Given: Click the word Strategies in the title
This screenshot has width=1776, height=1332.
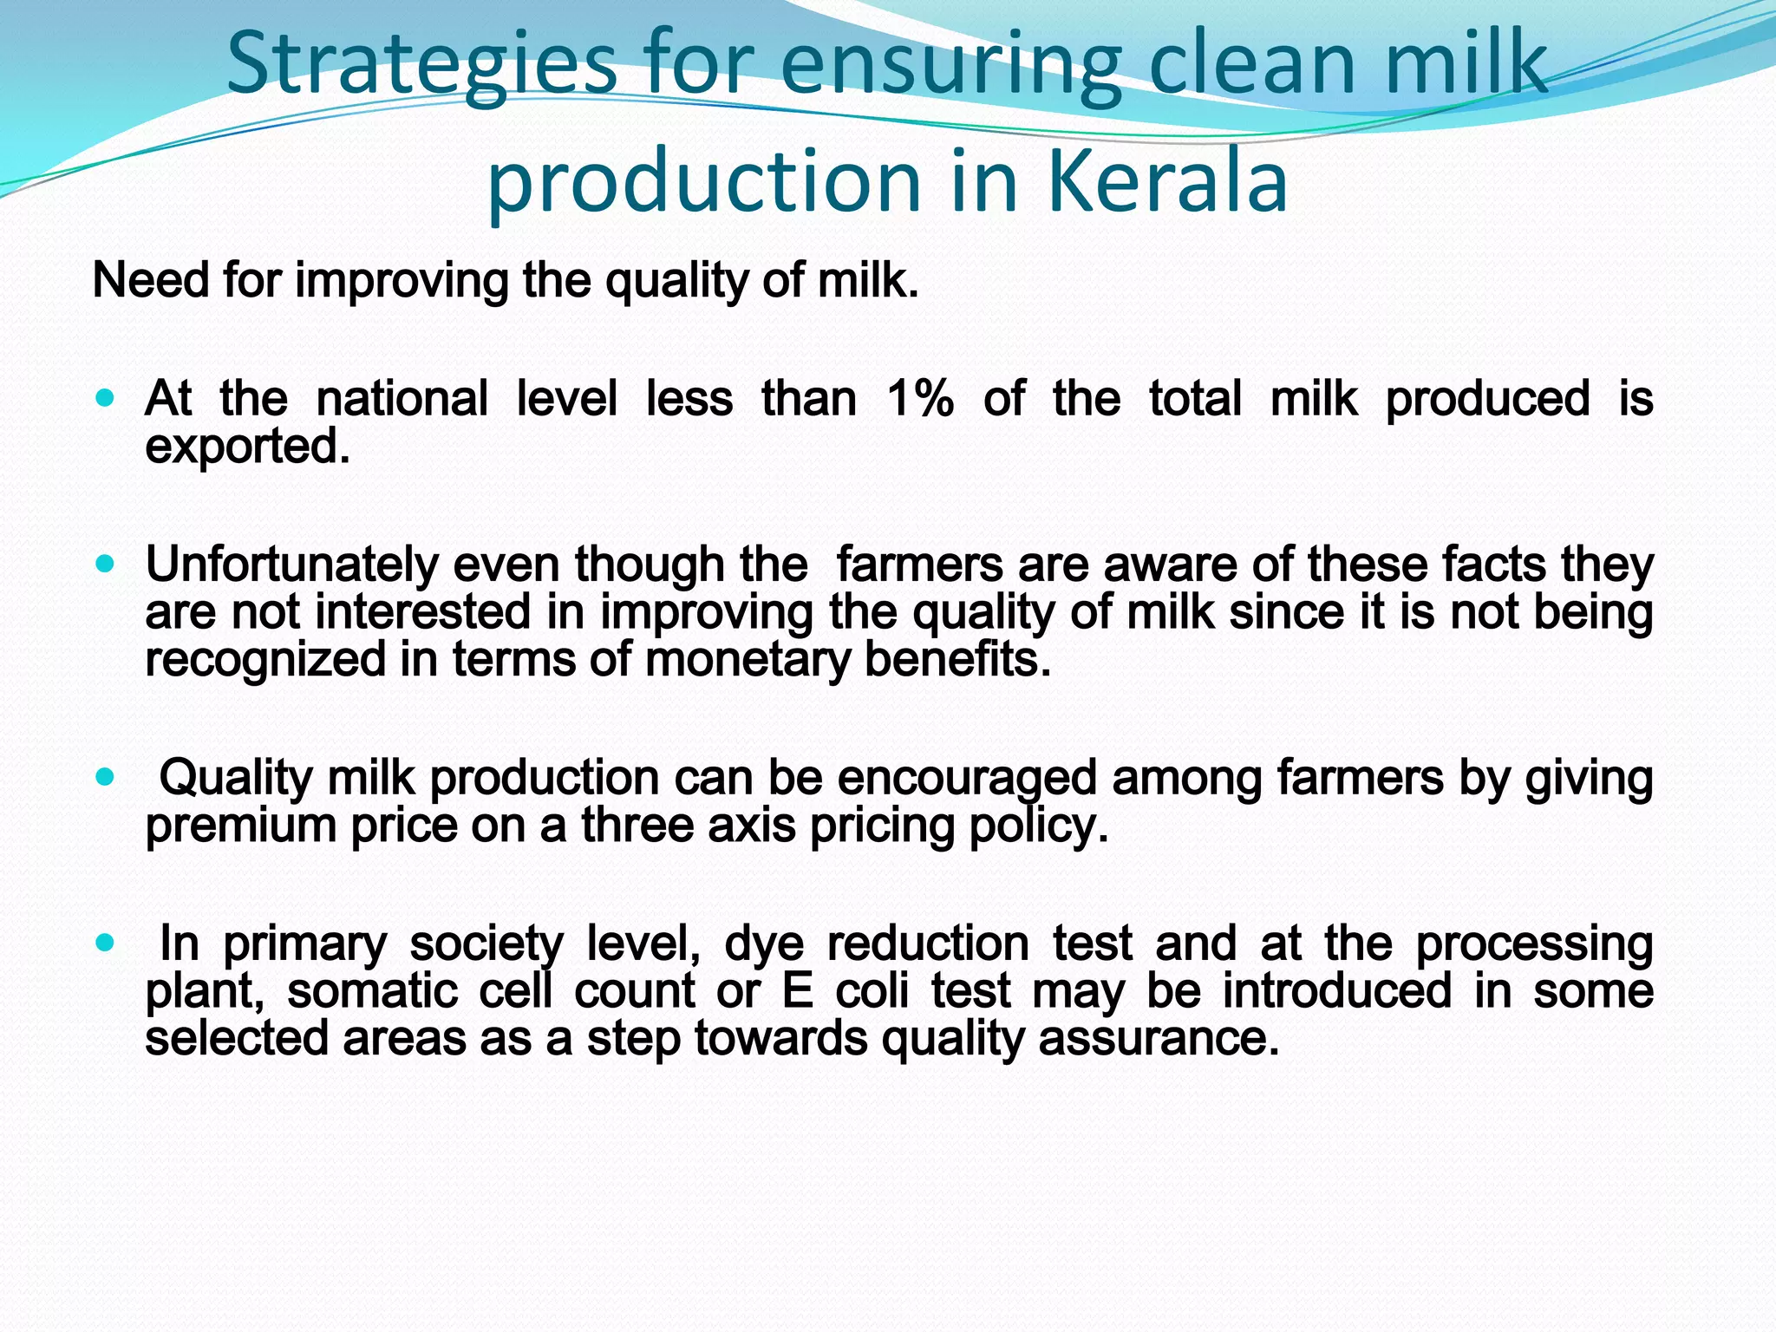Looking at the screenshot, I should pyautogui.click(x=421, y=66).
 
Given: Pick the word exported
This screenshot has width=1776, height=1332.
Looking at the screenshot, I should pyautogui.click(x=246, y=447).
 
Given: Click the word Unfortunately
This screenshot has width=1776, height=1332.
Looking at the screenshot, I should pyautogui.click(x=291, y=565).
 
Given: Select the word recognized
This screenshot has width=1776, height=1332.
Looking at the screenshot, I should pyautogui.click(x=264, y=660).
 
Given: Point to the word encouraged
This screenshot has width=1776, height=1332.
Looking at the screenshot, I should pyautogui.click(x=966, y=778).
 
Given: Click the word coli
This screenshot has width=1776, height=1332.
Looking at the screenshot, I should pyautogui.click(x=873, y=991).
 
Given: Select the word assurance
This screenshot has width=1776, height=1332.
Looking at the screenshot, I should pyautogui.click(x=1159, y=1039).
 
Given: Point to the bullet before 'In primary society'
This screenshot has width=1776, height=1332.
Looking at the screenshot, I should pyautogui.click(x=105, y=943).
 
